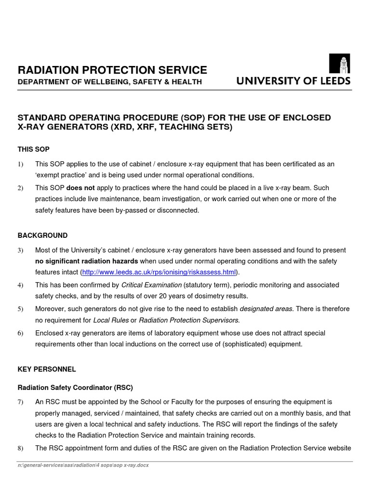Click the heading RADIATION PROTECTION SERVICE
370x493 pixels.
coord(112,70)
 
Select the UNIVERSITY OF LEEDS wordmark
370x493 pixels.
coord(293,81)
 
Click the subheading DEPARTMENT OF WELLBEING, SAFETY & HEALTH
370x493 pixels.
coord(109,82)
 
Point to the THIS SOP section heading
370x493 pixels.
coord(34,149)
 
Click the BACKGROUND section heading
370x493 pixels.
coord(43,235)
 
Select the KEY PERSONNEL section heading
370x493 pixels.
coord(47,369)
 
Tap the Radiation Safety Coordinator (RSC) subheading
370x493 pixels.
coord(75,387)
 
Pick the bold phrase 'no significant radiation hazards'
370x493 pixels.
coord(87,261)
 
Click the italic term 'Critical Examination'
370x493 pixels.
coord(151,285)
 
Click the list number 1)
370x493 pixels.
coord(21,164)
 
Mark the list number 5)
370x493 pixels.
coord(21,309)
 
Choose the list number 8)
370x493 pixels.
coord(21,448)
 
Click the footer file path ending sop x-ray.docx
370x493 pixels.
coord(83,466)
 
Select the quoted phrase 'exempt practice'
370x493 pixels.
coord(60,175)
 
